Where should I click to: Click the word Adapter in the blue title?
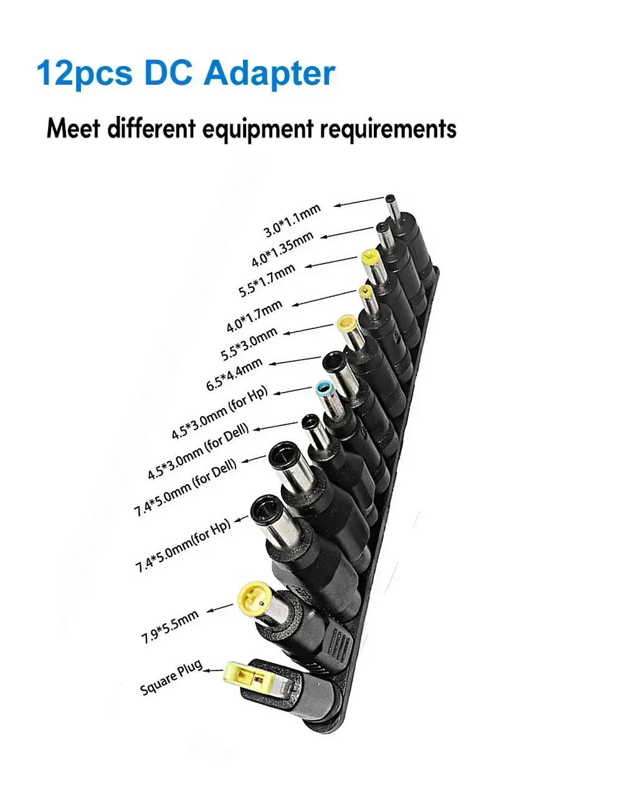tap(269, 74)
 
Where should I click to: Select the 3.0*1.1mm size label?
tap(292, 221)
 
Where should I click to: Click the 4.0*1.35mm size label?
tap(282, 249)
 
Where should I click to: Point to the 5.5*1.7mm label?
tap(267, 280)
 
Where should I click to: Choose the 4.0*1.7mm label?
tap(254, 316)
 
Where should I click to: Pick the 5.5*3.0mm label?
tap(249, 345)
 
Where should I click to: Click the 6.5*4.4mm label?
tap(234, 375)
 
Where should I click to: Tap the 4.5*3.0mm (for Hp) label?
tap(219, 413)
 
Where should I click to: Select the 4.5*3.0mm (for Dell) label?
tap(198, 451)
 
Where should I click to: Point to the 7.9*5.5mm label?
tap(170, 626)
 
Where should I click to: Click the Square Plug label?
tap(171, 677)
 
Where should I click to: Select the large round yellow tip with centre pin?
tap(252, 597)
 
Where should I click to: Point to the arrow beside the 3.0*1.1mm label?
tap(359, 201)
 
